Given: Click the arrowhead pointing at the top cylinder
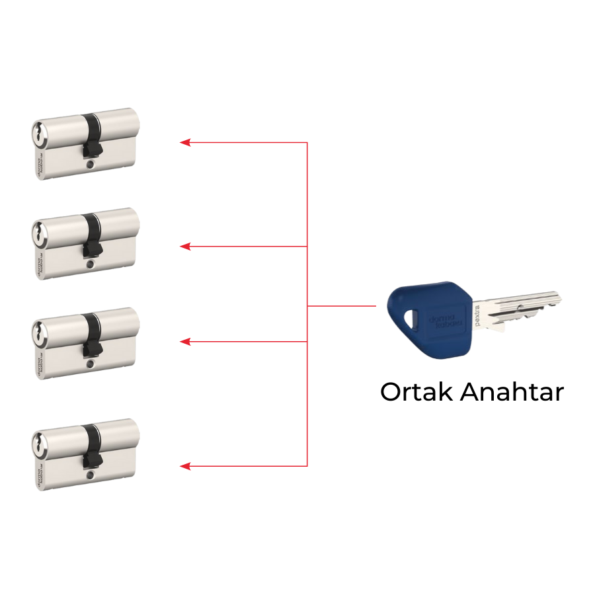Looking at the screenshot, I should point(186,142).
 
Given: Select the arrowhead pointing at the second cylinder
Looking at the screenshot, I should point(186,247).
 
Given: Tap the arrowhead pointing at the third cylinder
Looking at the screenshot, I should point(186,342).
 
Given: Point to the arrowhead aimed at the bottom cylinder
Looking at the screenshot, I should point(186,467).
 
